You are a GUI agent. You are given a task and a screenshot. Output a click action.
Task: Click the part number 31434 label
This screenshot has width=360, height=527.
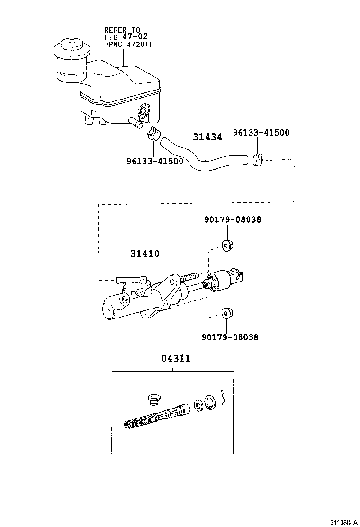pyautogui.click(x=207, y=137)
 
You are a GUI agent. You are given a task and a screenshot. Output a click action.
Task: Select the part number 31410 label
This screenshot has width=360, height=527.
pyautogui.click(x=145, y=254)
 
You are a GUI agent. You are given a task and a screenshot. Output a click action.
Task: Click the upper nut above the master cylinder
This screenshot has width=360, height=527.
pyautogui.click(x=227, y=245)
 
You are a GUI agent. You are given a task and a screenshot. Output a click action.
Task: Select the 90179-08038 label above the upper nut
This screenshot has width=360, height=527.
pyautogui.click(x=233, y=220)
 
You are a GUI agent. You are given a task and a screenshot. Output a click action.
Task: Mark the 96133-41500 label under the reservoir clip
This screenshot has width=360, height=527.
pyautogui.click(x=155, y=161)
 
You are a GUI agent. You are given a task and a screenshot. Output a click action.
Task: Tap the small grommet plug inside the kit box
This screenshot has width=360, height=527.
pyautogui.click(x=153, y=399)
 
